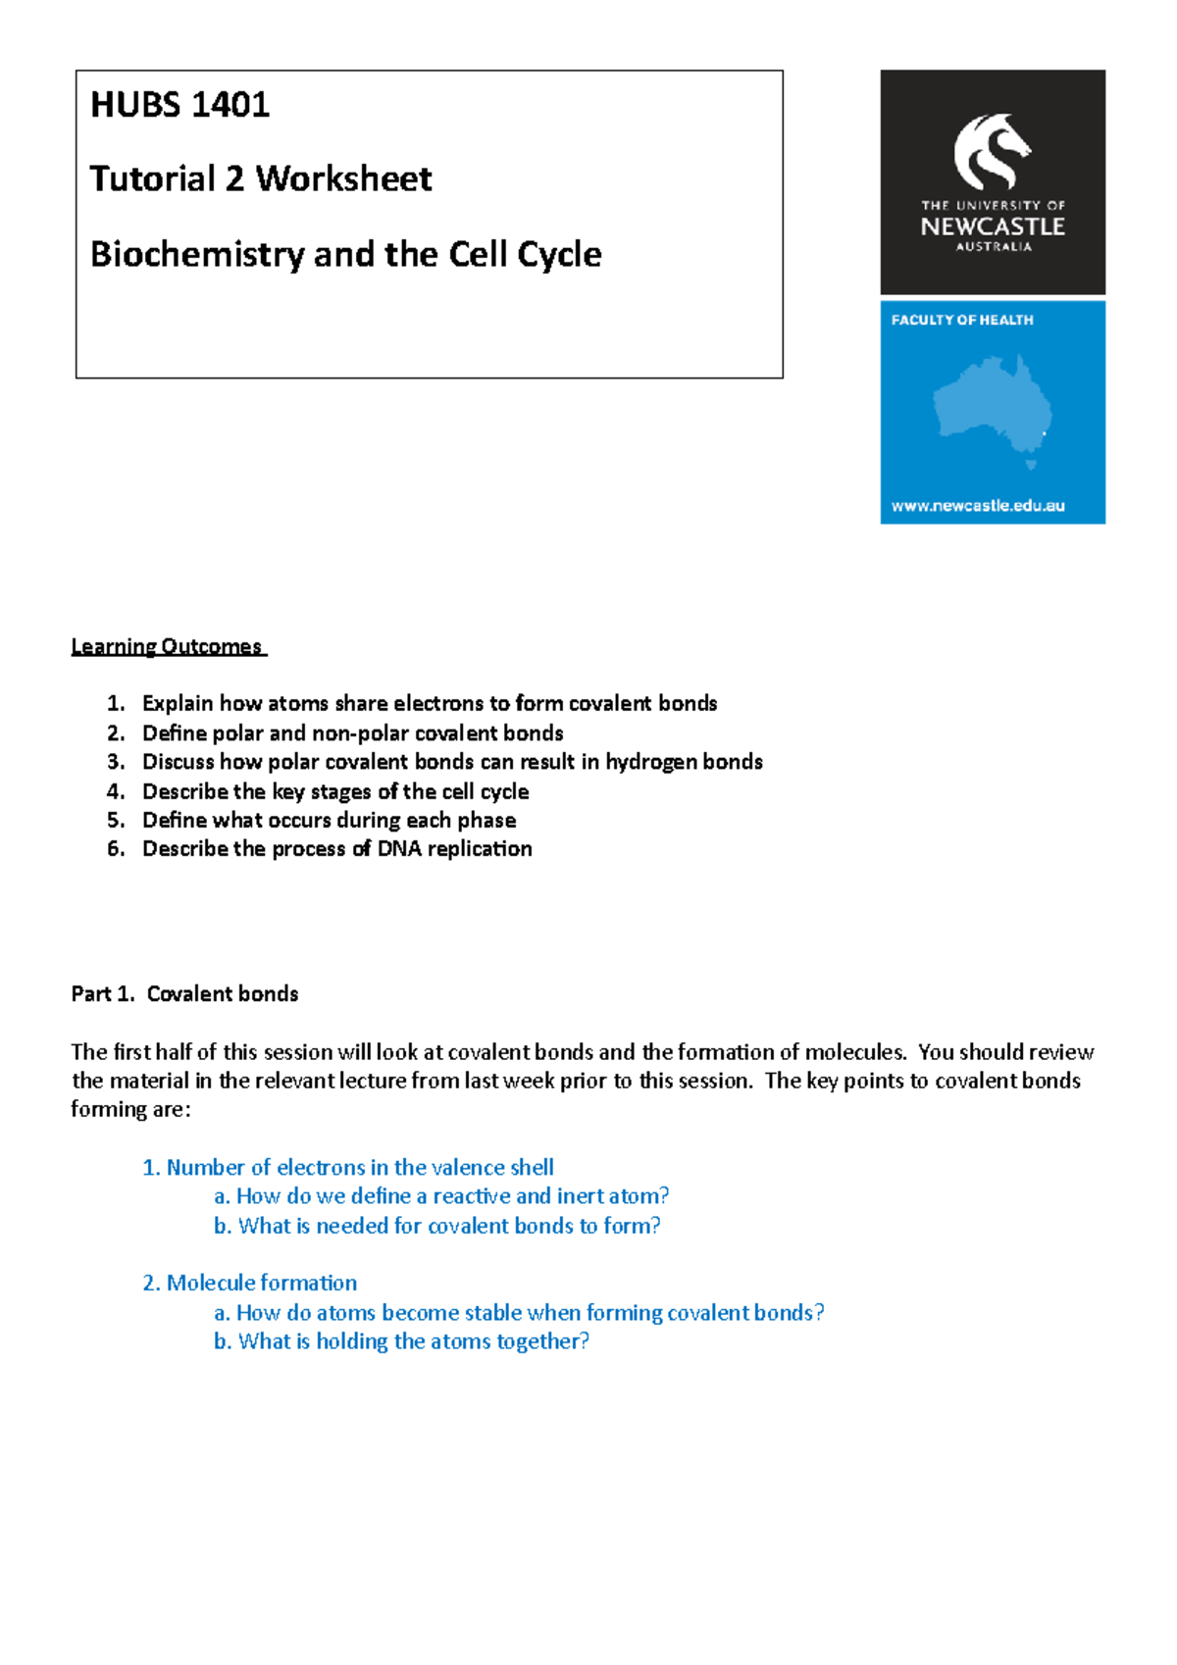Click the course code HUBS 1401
179,105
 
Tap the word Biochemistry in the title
197,255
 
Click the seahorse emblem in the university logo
992,152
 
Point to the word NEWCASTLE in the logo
992,227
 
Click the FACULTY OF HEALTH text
961,320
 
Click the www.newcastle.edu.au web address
977,506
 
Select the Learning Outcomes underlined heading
167,647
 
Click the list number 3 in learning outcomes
116,762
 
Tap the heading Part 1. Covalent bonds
184,994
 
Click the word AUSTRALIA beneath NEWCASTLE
993,247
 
